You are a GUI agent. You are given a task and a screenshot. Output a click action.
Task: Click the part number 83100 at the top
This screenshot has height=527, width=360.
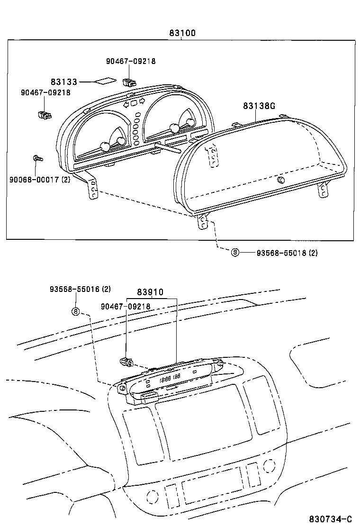pos(182,33)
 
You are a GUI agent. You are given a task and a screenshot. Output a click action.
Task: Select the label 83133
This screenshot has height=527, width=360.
pos(64,82)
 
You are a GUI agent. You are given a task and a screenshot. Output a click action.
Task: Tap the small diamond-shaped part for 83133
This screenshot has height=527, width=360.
pos(105,81)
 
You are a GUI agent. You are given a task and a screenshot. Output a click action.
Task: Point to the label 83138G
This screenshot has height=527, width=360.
pos(259,106)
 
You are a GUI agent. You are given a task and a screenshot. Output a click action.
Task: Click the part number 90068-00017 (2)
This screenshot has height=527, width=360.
pos(39,179)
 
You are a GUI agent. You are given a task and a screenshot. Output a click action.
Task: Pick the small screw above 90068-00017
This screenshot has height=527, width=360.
pos(36,159)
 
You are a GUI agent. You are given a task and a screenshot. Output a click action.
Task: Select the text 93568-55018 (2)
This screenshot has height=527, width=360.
pos(287,253)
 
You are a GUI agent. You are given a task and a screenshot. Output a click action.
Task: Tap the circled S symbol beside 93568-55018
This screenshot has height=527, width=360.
pos(235,253)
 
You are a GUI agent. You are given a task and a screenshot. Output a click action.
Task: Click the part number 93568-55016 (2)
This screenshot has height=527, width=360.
pos(80,289)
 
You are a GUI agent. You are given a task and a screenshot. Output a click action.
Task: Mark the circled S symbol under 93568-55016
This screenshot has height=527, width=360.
pos(76,311)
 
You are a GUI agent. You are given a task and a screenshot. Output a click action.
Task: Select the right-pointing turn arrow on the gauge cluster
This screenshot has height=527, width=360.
pos(142,101)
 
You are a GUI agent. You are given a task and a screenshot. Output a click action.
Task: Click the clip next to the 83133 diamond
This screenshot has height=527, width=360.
pos(129,81)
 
